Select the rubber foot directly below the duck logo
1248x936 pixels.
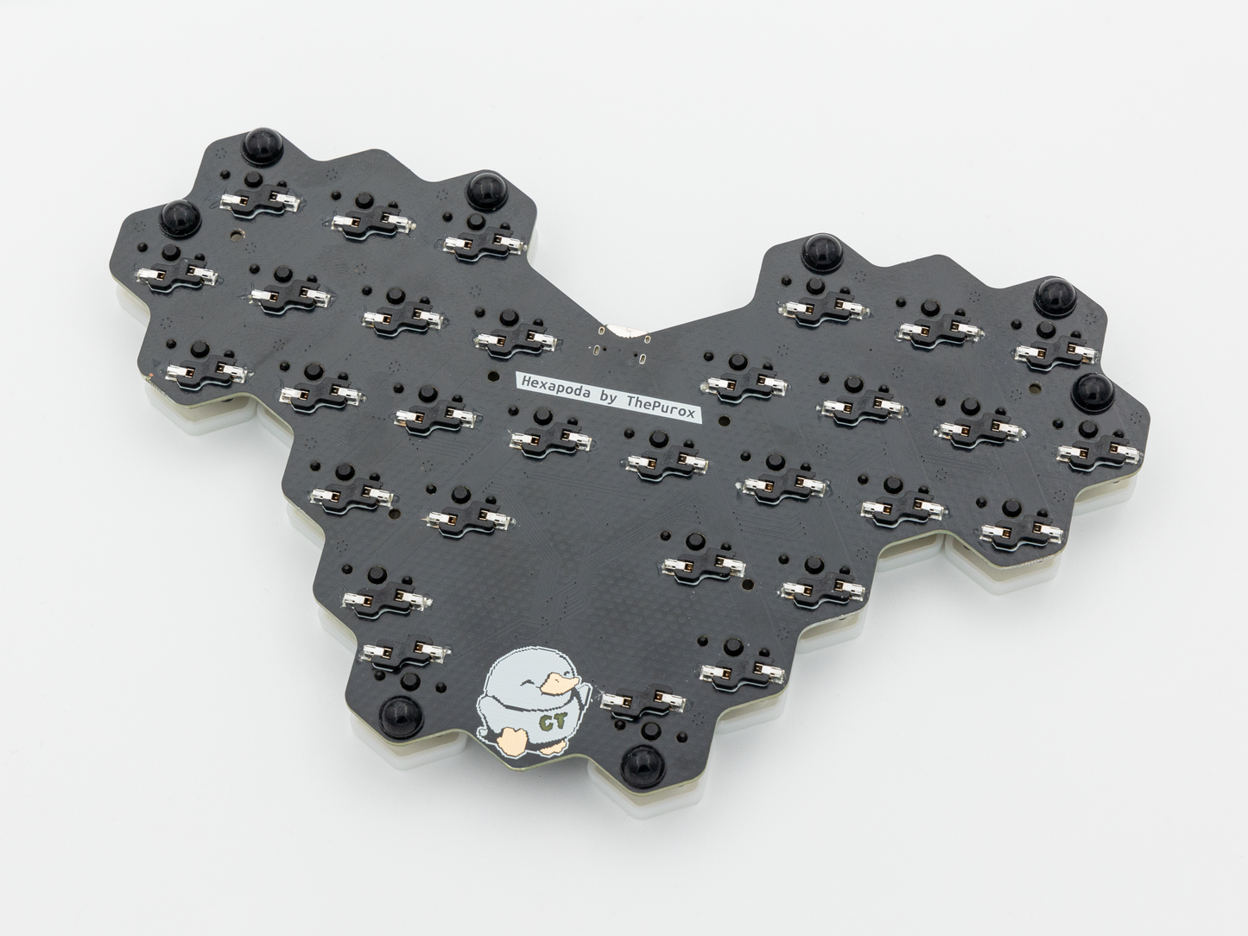click(643, 765)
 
